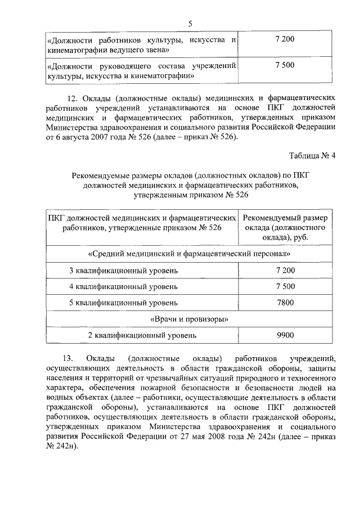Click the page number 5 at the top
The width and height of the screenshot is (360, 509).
pos(190,23)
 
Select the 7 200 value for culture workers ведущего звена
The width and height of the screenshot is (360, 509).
pos(285,40)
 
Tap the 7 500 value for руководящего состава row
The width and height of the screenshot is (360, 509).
pos(285,65)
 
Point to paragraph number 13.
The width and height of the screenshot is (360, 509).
pos(66,358)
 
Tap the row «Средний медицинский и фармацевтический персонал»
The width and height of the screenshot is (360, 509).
pos(190,254)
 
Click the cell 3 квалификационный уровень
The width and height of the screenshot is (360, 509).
pos(124,271)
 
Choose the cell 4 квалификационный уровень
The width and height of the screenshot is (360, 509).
pos(124,286)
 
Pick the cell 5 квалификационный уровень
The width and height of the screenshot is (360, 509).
pos(124,303)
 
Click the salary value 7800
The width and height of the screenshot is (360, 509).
pos(285,303)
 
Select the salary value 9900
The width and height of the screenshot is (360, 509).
pos(285,335)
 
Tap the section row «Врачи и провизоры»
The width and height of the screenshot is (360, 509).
pos(190,319)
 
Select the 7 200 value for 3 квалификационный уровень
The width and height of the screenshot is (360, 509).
pos(285,271)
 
